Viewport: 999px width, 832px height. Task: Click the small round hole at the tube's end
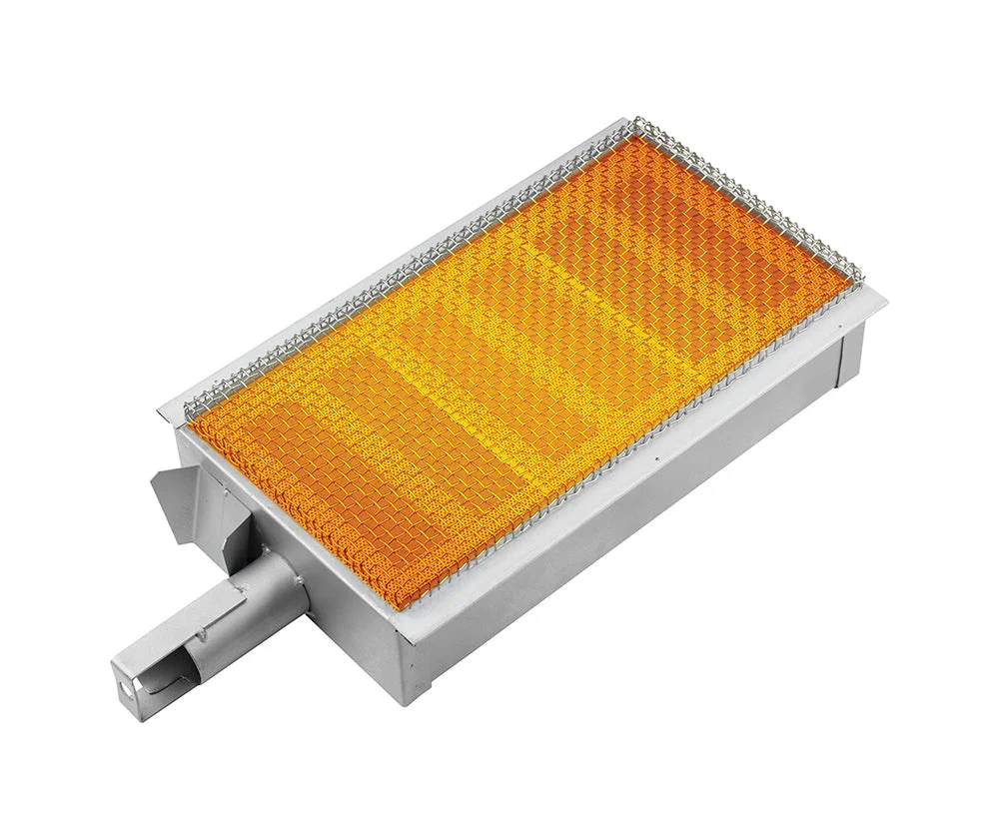pos(124,689)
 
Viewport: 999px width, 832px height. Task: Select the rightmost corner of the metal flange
pos(885,299)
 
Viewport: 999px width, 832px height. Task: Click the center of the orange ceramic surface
pos(519,370)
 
